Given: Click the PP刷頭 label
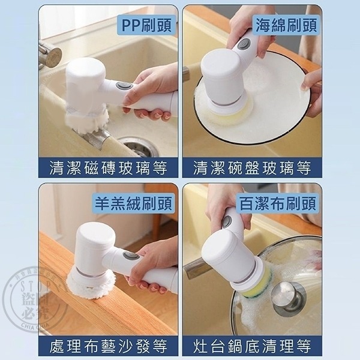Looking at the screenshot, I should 146,25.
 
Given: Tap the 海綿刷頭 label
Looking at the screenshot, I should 287,25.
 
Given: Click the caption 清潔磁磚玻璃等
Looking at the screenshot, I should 108,167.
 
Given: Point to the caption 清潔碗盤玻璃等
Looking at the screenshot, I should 252,167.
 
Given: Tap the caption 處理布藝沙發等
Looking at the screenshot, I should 108,346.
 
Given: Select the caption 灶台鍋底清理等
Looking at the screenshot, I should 252,346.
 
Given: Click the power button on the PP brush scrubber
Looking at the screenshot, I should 124,86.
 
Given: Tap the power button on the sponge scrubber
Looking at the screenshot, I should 244,44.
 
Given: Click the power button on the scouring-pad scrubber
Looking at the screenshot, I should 226,221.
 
